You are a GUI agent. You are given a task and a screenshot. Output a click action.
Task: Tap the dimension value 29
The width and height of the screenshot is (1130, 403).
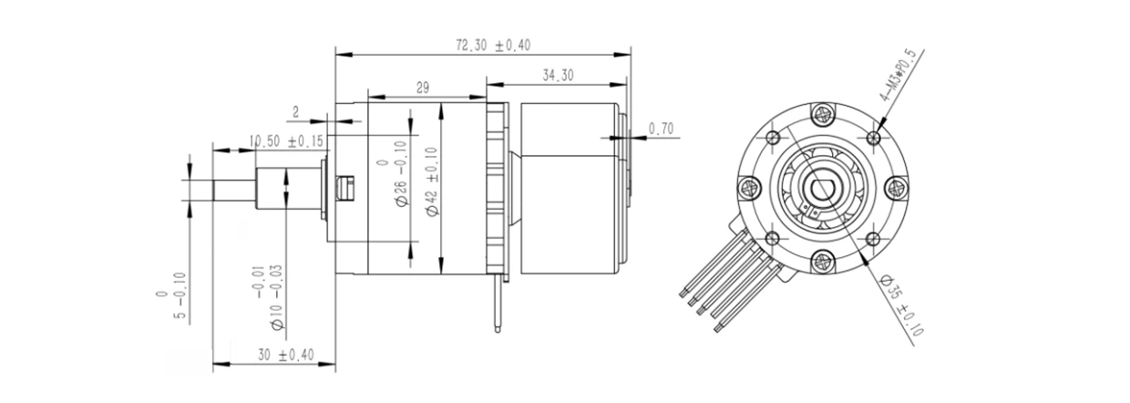point(422,87)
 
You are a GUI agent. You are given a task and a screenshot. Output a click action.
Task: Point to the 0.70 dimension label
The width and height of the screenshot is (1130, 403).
point(662,129)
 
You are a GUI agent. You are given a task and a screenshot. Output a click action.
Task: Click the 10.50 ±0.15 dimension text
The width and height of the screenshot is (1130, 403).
point(287,141)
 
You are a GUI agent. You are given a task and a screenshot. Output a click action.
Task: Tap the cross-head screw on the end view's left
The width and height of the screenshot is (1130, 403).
point(750,189)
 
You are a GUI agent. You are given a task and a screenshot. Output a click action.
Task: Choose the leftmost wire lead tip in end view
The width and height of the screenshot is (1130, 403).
point(684,293)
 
